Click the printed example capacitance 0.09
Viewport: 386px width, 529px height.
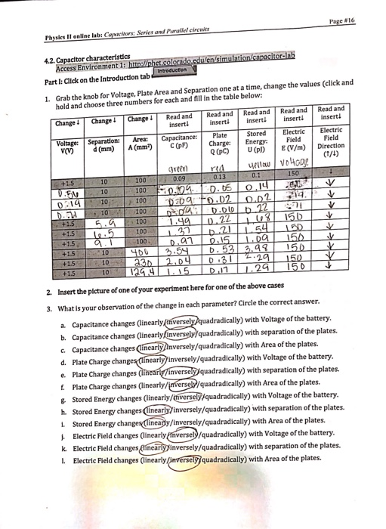179,178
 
